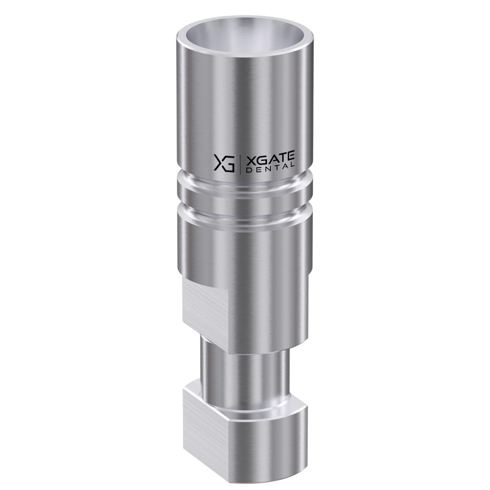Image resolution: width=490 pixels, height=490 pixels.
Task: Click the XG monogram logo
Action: [x=224, y=163]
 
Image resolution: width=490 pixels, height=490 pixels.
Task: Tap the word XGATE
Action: [x=270, y=160]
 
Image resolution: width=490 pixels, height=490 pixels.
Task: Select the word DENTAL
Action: [x=270, y=169]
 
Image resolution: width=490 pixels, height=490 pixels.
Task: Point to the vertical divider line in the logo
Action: [x=240, y=164]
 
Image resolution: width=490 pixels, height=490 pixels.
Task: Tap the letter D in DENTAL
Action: [x=249, y=171]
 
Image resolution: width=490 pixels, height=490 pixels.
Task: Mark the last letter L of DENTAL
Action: [x=293, y=166]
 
